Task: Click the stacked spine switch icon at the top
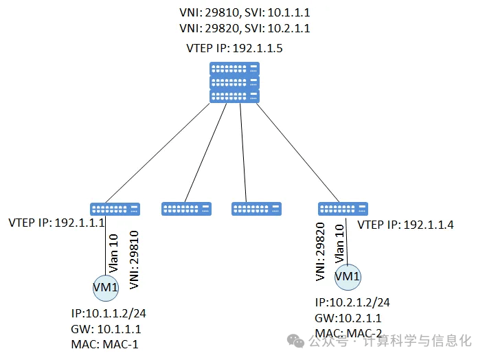pyautogui.click(x=235, y=82)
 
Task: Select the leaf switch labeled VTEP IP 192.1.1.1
pyautogui.click(x=115, y=209)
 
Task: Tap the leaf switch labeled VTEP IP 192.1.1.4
pyautogui.click(x=343, y=209)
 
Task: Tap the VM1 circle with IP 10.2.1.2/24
pyautogui.click(x=347, y=276)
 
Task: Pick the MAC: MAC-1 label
pyautogui.click(x=104, y=344)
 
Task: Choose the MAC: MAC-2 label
pyautogui.click(x=348, y=333)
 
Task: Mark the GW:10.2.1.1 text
pyautogui.click(x=348, y=318)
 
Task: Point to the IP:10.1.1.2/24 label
pyautogui.click(x=109, y=313)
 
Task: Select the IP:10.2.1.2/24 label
pyautogui.click(x=352, y=302)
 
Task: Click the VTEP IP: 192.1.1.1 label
pyautogui.click(x=56, y=223)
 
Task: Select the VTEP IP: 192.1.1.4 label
pyautogui.click(x=405, y=225)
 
